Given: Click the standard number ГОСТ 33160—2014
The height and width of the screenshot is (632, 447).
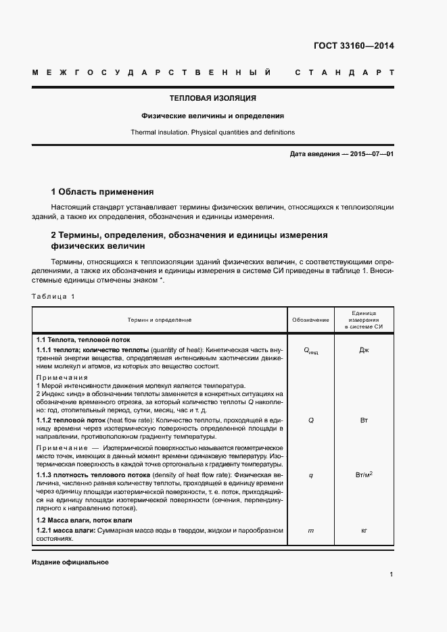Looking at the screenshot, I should point(354,46).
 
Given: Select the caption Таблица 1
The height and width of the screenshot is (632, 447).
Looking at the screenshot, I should point(53,297).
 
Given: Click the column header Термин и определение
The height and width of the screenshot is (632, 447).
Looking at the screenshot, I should point(160,319).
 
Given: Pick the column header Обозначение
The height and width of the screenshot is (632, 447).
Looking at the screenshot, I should point(310,319).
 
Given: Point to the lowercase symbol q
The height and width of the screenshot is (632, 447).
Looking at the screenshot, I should point(310,475).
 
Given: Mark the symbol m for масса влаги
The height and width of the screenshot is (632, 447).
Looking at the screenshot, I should point(310,531).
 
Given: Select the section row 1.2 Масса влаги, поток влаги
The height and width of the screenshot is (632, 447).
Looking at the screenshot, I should point(84,520).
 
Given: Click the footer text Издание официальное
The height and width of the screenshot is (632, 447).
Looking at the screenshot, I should point(70,562).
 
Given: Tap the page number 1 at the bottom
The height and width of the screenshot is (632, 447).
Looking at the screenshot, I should point(392,575).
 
